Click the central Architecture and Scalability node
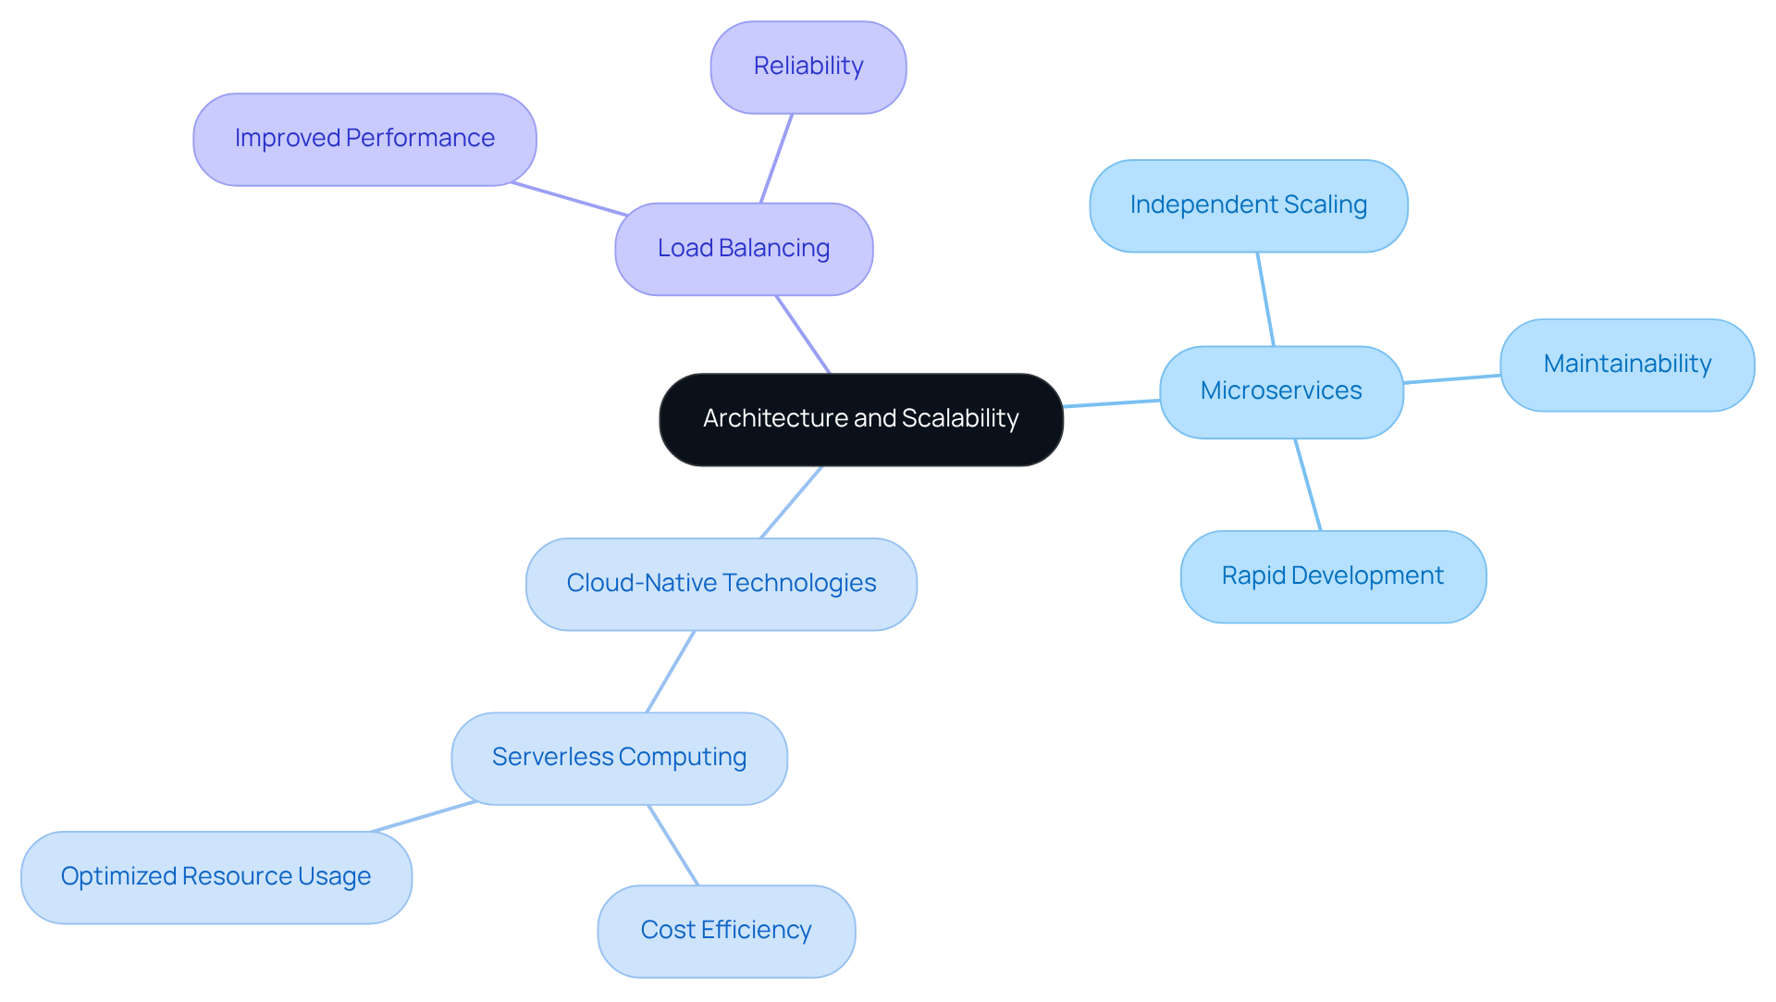click(x=860, y=419)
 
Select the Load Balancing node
click(x=744, y=249)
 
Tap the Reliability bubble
click(x=808, y=67)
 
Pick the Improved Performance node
click(x=364, y=139)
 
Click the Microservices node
click(x=1281, y=391)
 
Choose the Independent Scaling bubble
click(x=1248, y=205)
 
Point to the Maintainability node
click(x=1626, y=365)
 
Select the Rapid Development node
click(x=1332, y=576)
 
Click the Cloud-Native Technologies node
click(x=721, y=584)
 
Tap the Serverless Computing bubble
click(x=619, y=758)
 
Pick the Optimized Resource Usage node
click(x=216, y=877)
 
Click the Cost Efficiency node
click(x=725, y=931)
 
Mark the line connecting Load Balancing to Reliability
click(x=776, y=158)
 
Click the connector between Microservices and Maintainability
click(x=1451, y=378)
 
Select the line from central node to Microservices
click(x=1111, y=403)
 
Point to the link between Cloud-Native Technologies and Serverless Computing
click(x=671, y=672)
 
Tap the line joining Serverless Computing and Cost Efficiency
click(x=673, y=845)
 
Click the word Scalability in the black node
click(x=960, y=418)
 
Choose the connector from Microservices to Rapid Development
click(x=1308, y=485)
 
